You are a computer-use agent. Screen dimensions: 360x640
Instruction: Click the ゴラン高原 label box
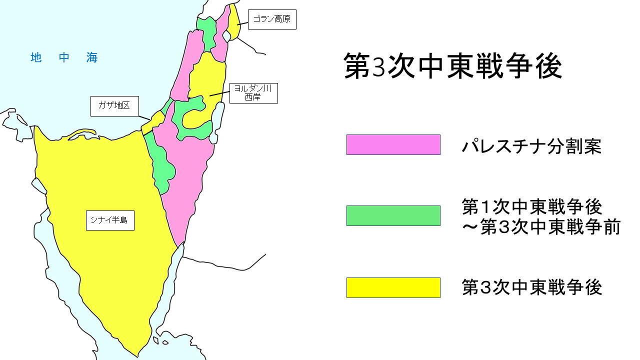coord(272,20)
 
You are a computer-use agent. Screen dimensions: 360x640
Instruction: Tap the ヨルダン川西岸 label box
coord(253,93)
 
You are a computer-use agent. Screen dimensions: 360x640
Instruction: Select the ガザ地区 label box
coord(114,106)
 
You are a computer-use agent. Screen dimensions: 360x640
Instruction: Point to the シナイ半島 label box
coord(110,220)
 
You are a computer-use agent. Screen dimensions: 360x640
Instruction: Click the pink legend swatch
coord(393,144)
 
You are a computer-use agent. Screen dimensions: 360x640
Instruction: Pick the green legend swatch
coord(393,215)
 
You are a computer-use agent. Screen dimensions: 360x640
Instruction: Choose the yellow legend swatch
coord(393,287)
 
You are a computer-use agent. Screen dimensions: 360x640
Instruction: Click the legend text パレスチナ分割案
coord(531,146)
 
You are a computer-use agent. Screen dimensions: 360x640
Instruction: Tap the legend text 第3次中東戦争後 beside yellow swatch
coord(531,288)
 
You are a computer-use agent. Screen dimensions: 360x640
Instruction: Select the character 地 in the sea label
coord(35,58)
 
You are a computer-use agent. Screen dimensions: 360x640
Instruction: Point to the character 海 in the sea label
coord(92,58)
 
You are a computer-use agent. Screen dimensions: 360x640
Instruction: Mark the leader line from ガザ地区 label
coord(144,117)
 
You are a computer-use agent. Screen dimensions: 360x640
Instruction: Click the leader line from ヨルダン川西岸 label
coord(219,93)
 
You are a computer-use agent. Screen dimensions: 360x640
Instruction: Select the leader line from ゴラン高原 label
coord(242,23)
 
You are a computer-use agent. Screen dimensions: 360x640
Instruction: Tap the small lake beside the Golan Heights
coord(226,36)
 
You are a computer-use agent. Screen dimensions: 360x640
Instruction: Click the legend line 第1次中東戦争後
coord(531,206)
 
